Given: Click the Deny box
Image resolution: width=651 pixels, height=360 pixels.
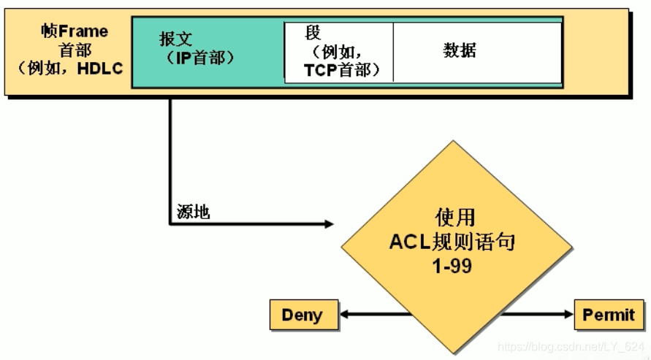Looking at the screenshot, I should [x=302, y=315].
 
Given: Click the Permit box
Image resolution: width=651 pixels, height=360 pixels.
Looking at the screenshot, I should [x=609, y=315].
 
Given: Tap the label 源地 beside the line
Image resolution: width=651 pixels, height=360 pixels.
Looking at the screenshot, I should [x=193, y=212].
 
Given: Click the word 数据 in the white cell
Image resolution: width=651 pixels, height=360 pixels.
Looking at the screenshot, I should [x=460, y=50].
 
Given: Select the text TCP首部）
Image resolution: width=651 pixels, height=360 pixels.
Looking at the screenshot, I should [x=340, y=71].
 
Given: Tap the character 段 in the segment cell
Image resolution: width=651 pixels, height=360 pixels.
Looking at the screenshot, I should [x=313, y=33].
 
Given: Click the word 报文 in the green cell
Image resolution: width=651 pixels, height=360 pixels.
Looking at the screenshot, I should [x=175, y=39].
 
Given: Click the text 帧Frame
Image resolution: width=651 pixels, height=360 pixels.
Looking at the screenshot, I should [x=75, y=31].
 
